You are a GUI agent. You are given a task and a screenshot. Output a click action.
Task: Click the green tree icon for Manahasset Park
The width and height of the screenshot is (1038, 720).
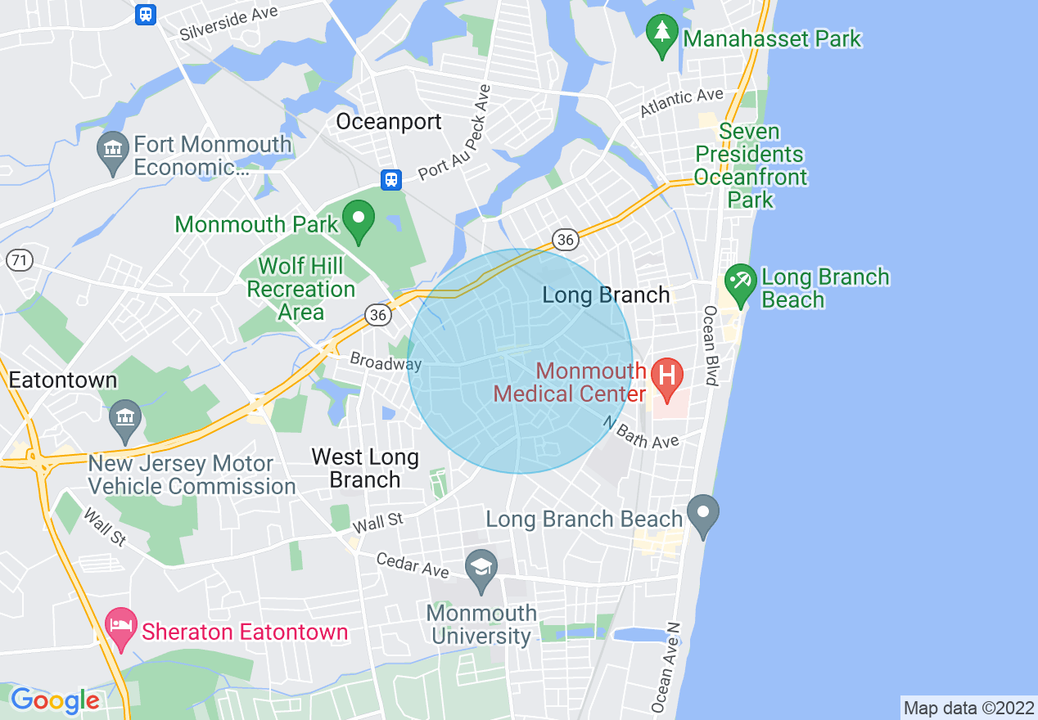(x=661, y=35)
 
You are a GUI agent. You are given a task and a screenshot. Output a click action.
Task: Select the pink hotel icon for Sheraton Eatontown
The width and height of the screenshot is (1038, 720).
(x=121, y=628)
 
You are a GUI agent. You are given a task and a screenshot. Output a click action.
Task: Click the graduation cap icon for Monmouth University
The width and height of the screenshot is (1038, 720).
(x=481, y=568)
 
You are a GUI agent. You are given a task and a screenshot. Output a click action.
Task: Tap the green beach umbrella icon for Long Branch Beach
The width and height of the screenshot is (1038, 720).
(x=741, y=284)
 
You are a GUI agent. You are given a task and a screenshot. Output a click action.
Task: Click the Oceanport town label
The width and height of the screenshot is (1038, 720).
(x=389, y=122)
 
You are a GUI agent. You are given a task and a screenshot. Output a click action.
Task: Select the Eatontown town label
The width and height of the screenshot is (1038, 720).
(x=63, y=380)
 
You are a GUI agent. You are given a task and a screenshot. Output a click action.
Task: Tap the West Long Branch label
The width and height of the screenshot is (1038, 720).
(x=365, y=468)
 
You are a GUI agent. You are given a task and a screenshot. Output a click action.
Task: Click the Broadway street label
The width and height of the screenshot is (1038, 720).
(x=385, y=362)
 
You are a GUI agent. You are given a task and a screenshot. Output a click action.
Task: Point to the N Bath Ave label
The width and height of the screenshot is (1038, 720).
(x=642, y=433)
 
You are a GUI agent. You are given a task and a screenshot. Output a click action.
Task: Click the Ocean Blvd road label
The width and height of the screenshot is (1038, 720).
(x=711, y=345)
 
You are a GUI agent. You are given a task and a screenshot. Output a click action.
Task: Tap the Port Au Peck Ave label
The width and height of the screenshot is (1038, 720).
(x=454, y=133)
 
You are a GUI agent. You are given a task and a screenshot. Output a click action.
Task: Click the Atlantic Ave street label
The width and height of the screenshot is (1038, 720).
(x=682, y=103)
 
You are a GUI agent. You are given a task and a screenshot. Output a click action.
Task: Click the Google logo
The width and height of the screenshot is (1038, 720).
(x=55, y=700)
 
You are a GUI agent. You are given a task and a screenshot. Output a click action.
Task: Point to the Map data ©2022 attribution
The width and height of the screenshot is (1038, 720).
(x=968, y=708)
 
